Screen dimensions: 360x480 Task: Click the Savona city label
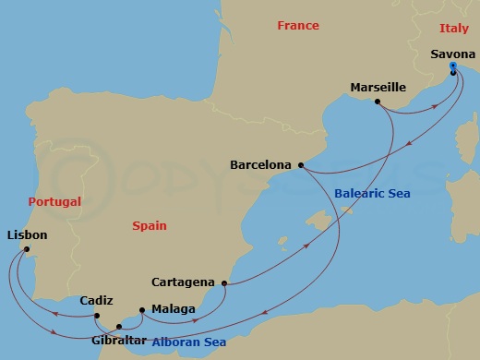(x=453, y=54)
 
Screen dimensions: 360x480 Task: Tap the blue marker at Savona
(x=452, y=66)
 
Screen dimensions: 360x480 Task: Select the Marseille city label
(x=378, y=88)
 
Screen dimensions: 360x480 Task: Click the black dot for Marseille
(x=378, y=101)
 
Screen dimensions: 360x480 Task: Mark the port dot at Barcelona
(x=301, y=166)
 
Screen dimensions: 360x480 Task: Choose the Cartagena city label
(x=183, y=282)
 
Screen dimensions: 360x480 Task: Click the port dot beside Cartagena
(x=224, y=283)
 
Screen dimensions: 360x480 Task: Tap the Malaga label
(x=173, y=309)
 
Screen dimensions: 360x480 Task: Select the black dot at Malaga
(x=141, y=310)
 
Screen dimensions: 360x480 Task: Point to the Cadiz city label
(x=97, y=300)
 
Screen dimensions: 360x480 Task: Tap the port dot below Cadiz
(x=96, y=316)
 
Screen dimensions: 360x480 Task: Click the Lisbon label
(x=27, y=235)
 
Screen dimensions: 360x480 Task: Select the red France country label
(x=298, y=27)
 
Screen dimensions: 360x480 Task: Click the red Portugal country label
(x=54, y=201)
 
